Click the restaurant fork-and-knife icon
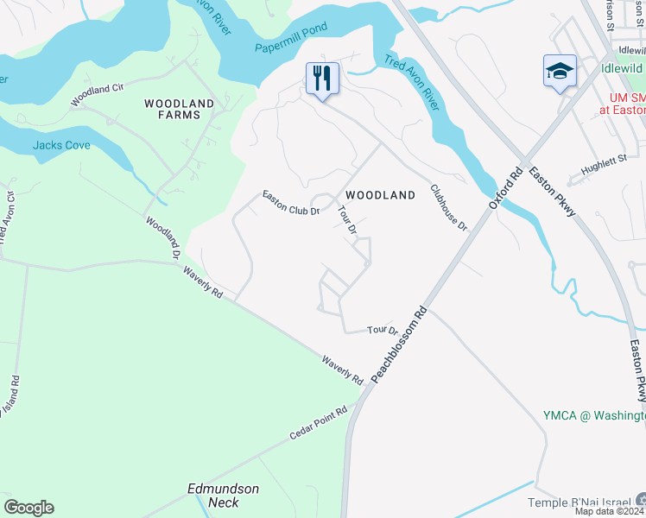(322, 79)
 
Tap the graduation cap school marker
(559, 71)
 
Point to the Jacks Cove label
(61, 145)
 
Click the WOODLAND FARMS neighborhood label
(179, 110)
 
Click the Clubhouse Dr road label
(448, 208)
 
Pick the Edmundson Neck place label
(223, 495)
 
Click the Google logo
(28, 508)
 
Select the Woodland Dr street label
(161, 237)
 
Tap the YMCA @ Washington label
(593, 416)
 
